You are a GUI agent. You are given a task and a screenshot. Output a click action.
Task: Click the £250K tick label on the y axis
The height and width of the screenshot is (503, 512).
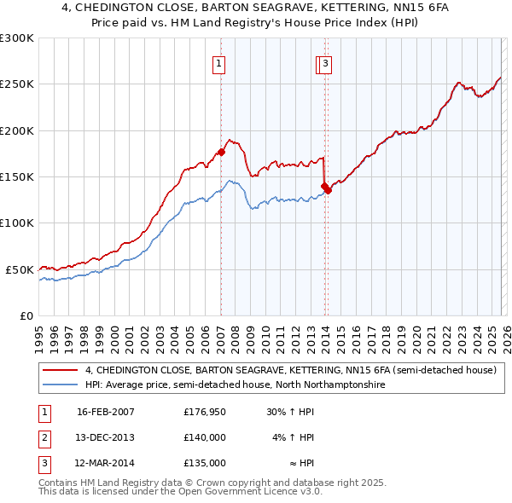[x=17, y=84]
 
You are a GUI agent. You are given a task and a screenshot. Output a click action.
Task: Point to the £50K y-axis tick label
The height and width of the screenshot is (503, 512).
[x=20, y=269]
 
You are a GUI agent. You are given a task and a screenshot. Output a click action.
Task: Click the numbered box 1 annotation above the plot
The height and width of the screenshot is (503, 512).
[x=219, y=62]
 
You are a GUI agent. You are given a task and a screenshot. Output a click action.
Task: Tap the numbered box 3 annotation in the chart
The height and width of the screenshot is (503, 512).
[x=326, y=62]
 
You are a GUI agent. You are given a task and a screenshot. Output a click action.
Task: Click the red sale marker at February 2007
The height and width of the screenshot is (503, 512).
[x=221, y=152]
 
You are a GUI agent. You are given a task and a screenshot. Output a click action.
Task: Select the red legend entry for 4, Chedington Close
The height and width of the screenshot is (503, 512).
[x=290, y=371]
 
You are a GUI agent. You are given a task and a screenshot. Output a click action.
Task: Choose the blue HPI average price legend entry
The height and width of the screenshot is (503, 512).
[x=235, y=385]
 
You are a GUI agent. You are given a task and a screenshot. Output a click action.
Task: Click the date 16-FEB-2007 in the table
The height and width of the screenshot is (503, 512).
[x=106, y=412]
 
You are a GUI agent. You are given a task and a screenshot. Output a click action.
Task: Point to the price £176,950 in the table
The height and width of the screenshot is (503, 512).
[x=205, y=412]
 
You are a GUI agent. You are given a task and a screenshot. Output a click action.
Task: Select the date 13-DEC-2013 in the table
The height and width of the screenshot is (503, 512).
[x=106, y=437]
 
